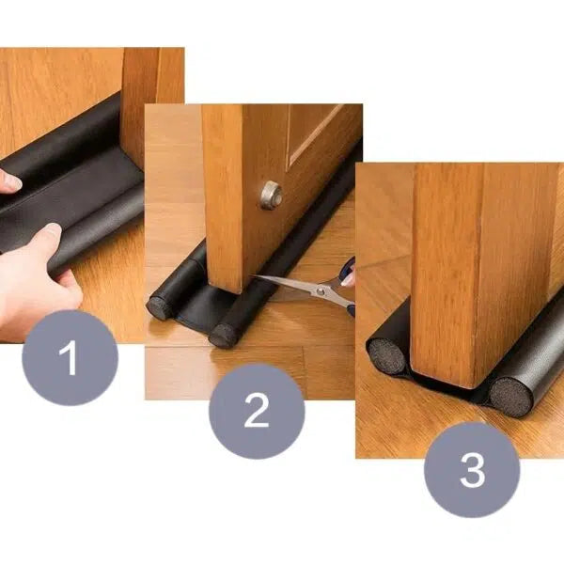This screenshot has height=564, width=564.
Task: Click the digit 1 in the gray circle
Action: coord(69,357)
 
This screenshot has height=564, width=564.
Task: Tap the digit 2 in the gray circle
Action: coord(257,410)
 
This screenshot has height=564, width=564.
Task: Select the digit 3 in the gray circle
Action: coord(472,469)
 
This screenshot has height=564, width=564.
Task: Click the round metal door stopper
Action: coord(272,196)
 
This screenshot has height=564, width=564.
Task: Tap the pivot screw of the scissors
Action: coord(320,290)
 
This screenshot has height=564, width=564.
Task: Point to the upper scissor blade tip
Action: coord(253,275)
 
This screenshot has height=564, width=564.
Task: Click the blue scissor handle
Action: coord(349,274)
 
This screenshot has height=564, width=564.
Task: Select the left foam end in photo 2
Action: coord(158,308)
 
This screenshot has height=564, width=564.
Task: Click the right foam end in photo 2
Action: coord(222,336)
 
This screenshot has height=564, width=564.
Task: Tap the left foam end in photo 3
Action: coord(387,357)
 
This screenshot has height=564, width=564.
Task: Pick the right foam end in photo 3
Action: coord(510,397)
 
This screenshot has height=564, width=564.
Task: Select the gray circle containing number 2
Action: coord(257,411)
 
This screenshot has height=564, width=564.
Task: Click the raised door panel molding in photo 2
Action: coord(316,133)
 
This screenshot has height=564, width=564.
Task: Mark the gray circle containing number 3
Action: coord(472,470)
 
